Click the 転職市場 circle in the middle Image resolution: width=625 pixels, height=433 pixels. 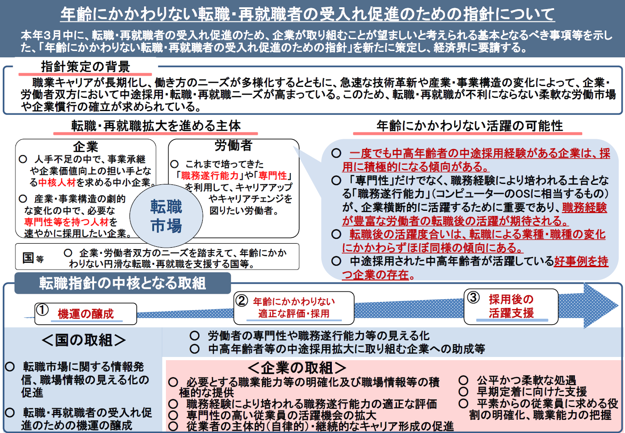(x=166, y=216)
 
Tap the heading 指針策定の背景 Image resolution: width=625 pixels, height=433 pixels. (x=85, y=66)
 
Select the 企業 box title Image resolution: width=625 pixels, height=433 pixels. (x=85, y=147)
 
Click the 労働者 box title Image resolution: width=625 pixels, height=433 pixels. (x=234, y=146)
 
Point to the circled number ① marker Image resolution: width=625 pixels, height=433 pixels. (x=43, y=310)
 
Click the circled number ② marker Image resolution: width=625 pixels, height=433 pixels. (x=242, y=301)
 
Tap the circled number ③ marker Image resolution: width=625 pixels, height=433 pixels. (x=473, y=297)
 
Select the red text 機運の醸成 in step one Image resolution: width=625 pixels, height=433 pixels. (x=85, y=314)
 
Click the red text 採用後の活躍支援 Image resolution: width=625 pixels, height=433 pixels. (x=511, y=306)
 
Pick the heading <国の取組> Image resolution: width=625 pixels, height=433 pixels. (x=84, y=340)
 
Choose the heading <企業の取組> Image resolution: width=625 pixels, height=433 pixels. (x=297, y=367)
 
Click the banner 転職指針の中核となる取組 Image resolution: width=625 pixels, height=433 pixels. (x=122, y=283)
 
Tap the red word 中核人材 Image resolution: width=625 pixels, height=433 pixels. (x=57, y=183)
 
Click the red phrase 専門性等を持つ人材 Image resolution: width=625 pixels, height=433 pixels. (x=66, y=222)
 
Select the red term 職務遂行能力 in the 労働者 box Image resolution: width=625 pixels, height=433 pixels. (x=210, y=176)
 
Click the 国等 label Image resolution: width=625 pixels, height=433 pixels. (x=33, y=258)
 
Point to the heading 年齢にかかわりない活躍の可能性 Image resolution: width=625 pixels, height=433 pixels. (x=470, y=126)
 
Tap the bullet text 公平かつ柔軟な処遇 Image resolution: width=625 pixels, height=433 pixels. (x=526, y=380)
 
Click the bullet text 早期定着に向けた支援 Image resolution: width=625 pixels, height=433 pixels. (x=532, y=392)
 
